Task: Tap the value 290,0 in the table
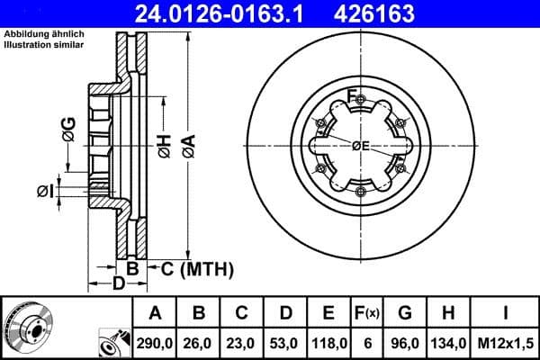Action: [x=155, y=342]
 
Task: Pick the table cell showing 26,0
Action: [x=199, y=342]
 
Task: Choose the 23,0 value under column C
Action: [x=242, y=342]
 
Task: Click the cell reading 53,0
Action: [x=285, y=342]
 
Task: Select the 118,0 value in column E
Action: [x=328, y=342]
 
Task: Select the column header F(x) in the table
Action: [x=370, y=313]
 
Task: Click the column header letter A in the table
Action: [x=155, y=313]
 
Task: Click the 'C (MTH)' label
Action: [x=197, y=268]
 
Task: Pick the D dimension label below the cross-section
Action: [x=117, y=285]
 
